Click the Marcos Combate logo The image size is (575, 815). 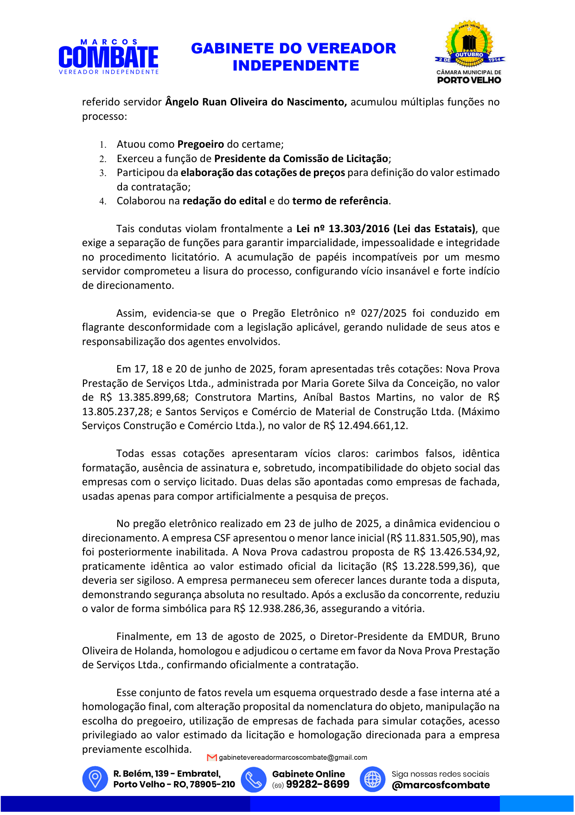[x=109, y=57]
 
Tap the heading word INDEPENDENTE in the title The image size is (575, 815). [x=295, y=65]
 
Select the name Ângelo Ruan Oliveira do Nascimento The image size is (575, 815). [x=256, y=102]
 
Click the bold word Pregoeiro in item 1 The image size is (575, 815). [x=201, y=144]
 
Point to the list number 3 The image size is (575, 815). [x=102, y=173]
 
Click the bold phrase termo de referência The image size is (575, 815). [x=340, y=201]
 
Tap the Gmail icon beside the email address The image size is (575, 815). [x=212, y=757]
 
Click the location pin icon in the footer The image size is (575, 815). [x=95, y=779]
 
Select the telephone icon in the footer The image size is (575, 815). [x=254, y=779]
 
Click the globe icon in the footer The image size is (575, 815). [x=373, y=779]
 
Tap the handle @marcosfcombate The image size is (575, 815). [x=441, y=785]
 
